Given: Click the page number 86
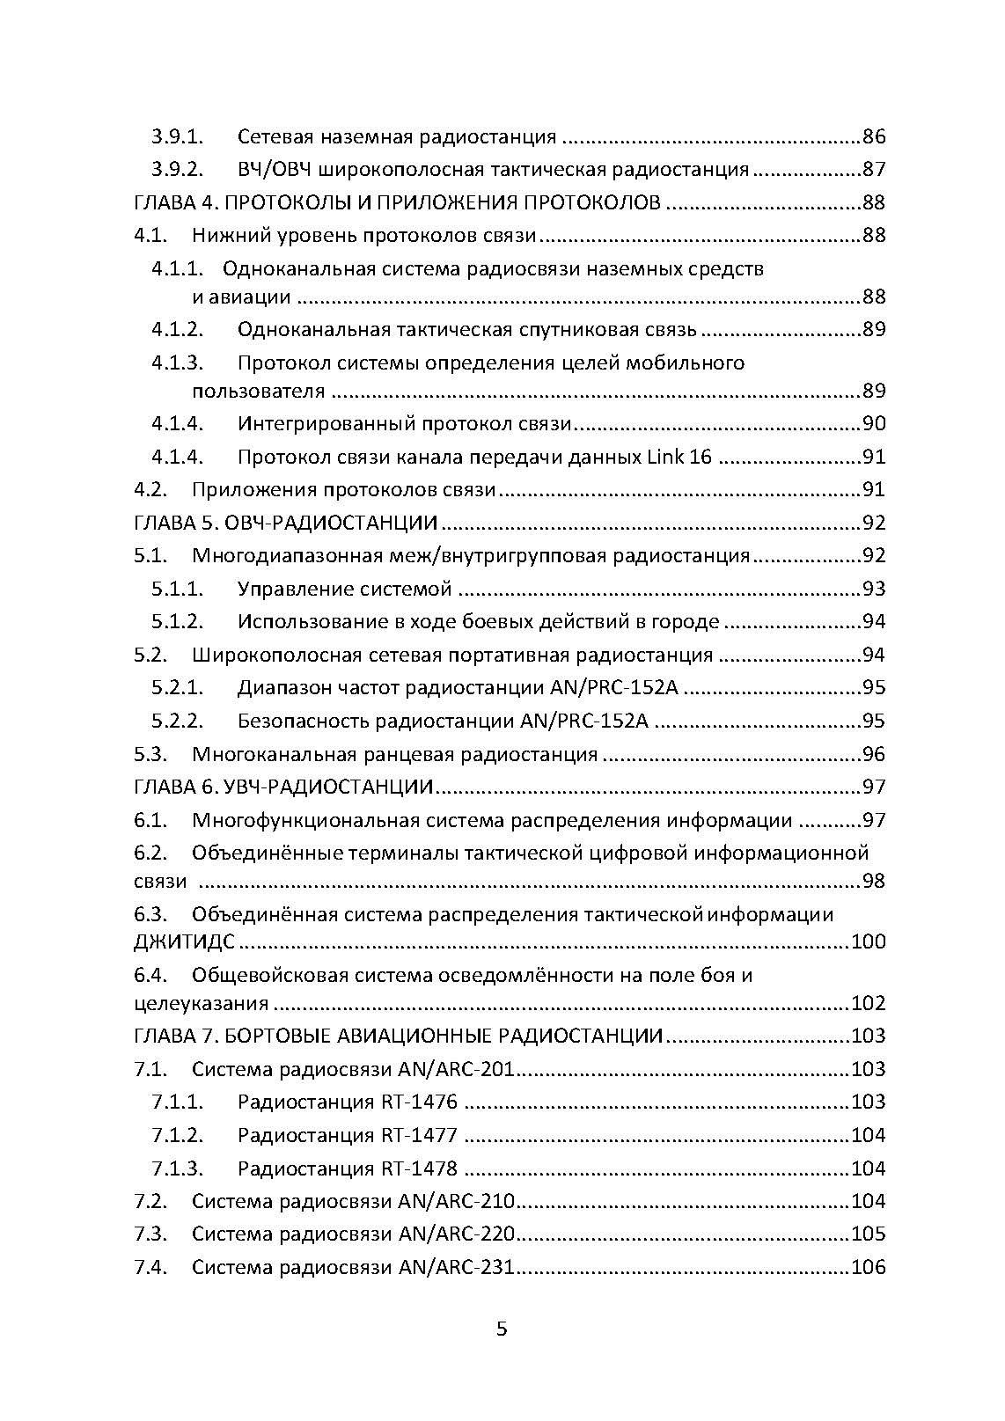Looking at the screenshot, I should pyautogui.click(x=873, y=136).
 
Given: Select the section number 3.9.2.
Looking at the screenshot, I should pyautogui.click(x=177, y=169).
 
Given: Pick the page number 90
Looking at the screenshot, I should pyautogui.click(x=873, y=424).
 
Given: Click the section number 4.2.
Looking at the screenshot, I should pyautogui.click(x=150, y=489).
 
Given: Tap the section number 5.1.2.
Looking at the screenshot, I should pyautogui.click(x=177, y=621).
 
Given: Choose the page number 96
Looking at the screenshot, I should pyautogui.click(x=873, y=754).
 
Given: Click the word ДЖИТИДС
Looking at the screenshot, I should pyautogui.click(x=184, y=941).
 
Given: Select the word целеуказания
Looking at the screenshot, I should pyautogui.click(x=201, y=1003).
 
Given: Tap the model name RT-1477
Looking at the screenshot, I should pyautogui.click(x=419, y=1135).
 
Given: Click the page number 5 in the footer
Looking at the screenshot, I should pyautogui.click(x=502, y=1329).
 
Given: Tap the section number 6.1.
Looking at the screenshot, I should pyautogui.click(x=150, y=820).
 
